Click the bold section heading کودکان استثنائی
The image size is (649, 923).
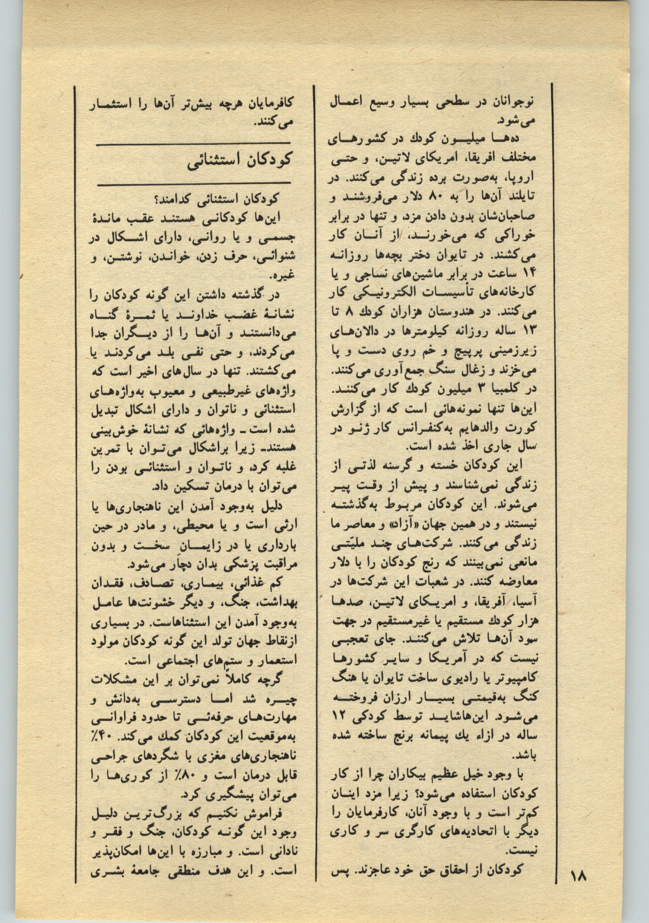pos(239,162)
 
